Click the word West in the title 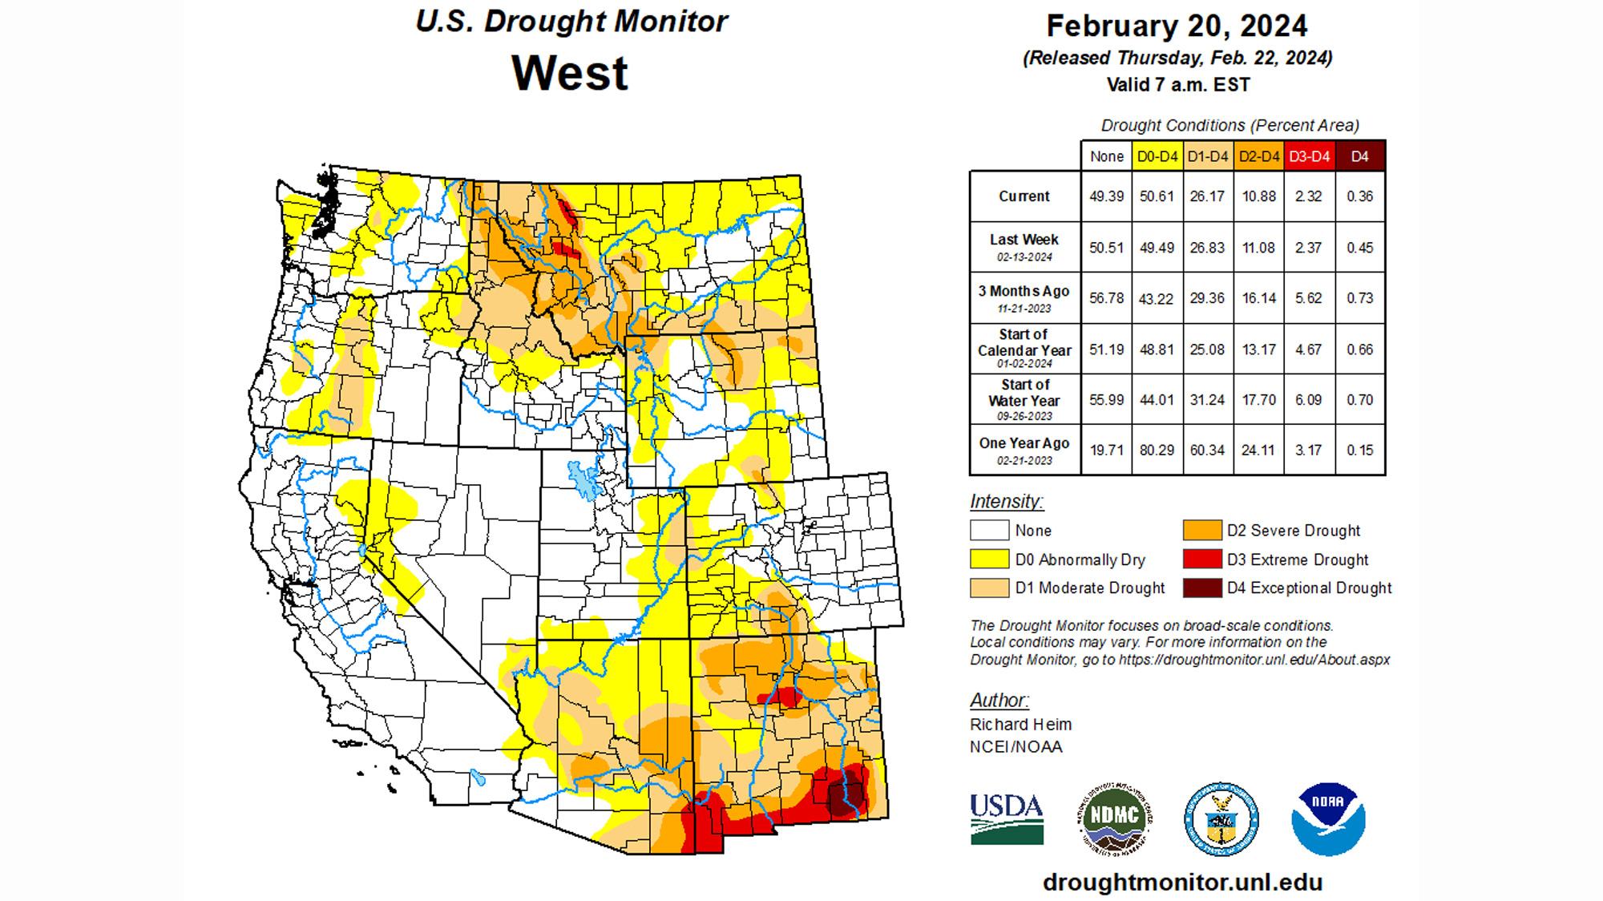(570, 73)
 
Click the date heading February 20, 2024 (1177, 26)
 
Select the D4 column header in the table (1359, 156)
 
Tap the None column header (1106, 156)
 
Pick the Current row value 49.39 (1106, 196)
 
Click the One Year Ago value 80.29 (1157, 450)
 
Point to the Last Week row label (1024, 240)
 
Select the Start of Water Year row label (1024, 393)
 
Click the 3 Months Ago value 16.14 (1258, 298)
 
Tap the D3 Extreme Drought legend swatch (1201, 559)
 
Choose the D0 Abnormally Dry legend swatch (989, 559)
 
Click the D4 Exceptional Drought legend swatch (1201, 588)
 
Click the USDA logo (1007, 818)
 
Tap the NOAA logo (1328, 819)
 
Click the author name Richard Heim (1020, 725)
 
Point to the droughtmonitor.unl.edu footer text (1182, 883)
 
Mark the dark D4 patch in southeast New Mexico (846, 798)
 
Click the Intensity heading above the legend (1006, 502)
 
